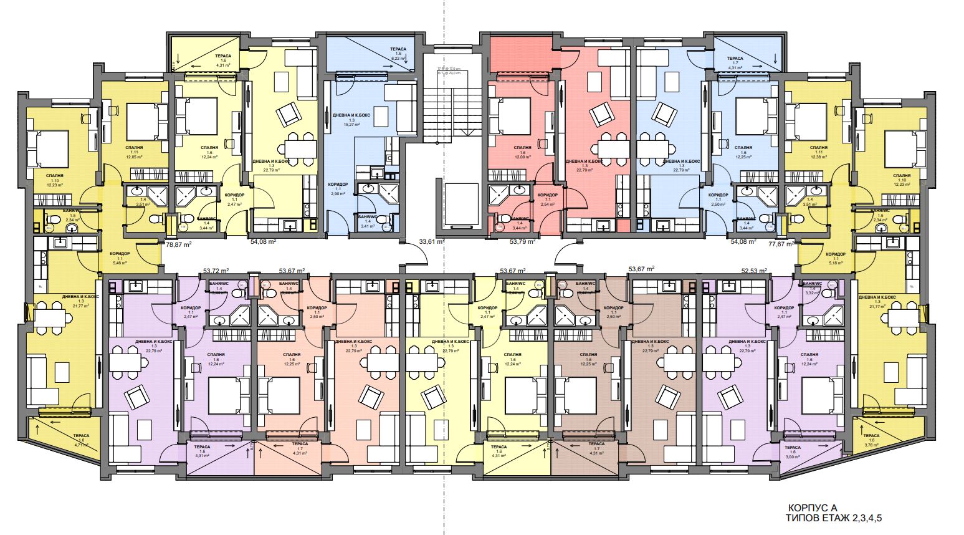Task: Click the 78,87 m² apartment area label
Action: click(x=178, y=245)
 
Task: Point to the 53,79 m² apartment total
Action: click(x=522, y=241)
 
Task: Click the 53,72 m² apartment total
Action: click(x=216, y=271)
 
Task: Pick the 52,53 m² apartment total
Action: click(x=753, y=271)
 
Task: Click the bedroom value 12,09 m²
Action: click(x=522, y=158)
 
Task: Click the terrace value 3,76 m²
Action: click(x=871, y=445)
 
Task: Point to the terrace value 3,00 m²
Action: click(x=793, y=456)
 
